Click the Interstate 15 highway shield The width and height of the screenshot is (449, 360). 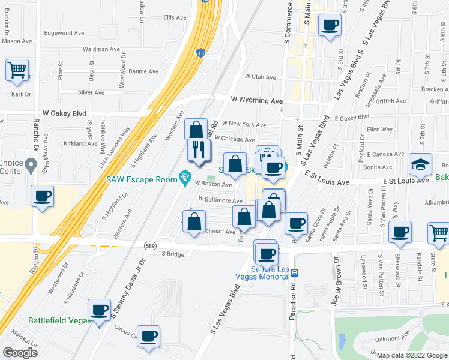(x=200, y=53)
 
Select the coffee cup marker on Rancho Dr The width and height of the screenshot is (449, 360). (x=43, y=196)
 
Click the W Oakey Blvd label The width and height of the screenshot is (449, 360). (x=65, y=113)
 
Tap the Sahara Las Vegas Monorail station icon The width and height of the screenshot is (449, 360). (x=294, y=272)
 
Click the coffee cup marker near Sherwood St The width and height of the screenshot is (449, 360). (x=400, y=232)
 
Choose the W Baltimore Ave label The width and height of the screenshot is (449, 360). (x=220, y=199)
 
